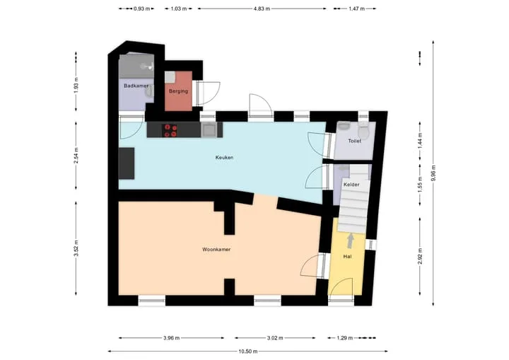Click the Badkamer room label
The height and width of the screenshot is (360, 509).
pos(136,86)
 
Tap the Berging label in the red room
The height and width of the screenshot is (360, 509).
pos(178,91)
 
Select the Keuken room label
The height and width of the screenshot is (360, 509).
pos(224,157)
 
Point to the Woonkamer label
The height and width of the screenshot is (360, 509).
pos(216,250)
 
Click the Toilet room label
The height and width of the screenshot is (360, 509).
pos(354,141)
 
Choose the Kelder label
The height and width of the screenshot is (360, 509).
pos(351,185)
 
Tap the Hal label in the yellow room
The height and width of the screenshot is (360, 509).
pos(347,257)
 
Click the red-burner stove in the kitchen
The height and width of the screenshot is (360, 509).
pos(170,130)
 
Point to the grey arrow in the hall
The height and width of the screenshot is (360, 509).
pos(351,241)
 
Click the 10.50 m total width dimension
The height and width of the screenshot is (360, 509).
pos(248,352)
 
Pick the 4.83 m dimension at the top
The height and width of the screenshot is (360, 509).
pos(262,8)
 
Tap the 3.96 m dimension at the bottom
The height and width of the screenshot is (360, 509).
pos(171,338)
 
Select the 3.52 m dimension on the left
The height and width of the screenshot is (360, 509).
pos(76,248)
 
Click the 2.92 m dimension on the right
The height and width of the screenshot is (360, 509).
pos(420,256)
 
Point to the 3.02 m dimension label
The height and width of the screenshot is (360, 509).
pos(275,338)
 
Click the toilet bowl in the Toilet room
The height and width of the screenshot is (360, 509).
pos(364,130)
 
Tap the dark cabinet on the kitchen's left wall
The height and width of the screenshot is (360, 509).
pos(127,163)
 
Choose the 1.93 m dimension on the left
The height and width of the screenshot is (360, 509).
pos(76,85)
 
